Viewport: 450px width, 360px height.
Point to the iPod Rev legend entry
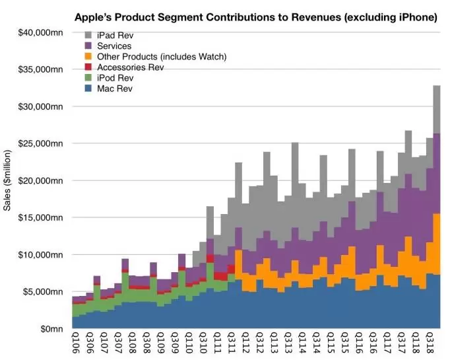(x=119, y=78)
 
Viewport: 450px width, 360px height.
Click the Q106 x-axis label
(x=76, y=343)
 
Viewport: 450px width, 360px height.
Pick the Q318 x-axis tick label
(x=430, y=343)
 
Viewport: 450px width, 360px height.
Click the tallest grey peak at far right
(x=437, y=89)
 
